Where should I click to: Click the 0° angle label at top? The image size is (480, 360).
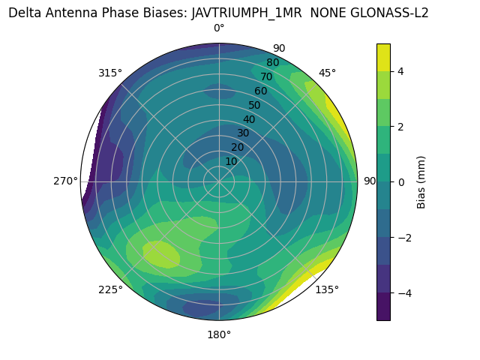(219, 28)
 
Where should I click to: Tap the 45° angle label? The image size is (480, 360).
(327, 73)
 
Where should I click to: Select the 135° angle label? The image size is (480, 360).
(326, 289)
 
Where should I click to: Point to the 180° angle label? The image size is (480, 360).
(219, 334)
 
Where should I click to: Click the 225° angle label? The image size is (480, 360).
(110, 290)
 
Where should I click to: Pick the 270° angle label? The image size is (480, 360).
(66, 181)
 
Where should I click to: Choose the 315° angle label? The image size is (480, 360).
(110, 73)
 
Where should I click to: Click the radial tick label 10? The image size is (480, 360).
(231, 161)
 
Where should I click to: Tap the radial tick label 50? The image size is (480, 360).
(254, 105)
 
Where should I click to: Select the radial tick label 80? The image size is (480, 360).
(272, 63)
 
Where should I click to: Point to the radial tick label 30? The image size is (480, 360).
(243, 133)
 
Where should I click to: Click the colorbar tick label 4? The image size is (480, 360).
(401, 71)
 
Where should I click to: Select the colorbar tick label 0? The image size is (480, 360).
(401, 182)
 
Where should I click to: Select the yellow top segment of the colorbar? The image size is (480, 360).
(383, 57)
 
